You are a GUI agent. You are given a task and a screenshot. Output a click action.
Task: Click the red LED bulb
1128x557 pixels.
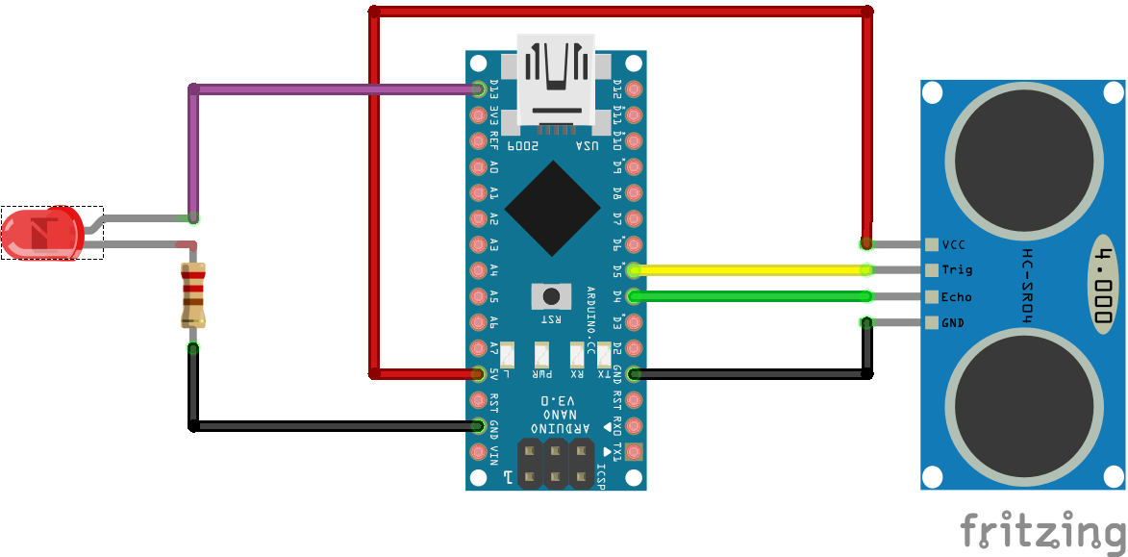tap(40, 234)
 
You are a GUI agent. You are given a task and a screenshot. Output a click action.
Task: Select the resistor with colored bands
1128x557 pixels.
tap(193, 294)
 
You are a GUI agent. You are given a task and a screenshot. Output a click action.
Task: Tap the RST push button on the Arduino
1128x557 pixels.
tap(551, 295)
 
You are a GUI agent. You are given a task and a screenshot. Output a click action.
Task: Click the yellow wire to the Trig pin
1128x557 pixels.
tap(750, 270)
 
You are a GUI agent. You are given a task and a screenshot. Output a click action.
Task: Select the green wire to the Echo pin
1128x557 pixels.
tap(750, 296)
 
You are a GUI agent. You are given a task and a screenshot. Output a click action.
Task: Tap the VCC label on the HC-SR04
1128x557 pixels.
tap(953, 244)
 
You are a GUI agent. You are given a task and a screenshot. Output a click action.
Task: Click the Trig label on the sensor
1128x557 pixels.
tap(956, 270)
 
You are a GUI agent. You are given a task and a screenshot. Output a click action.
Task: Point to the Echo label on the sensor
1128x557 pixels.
tap(956, 297)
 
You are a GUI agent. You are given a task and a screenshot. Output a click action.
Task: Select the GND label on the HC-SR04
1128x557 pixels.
tap(953, 323)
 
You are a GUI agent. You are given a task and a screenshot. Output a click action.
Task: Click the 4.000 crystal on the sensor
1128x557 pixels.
tap(1105, 284)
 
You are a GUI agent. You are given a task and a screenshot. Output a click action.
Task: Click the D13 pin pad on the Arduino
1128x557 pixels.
tap(478, 89)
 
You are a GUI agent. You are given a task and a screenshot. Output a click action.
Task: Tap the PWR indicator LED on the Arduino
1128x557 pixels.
tap(543, 354)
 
